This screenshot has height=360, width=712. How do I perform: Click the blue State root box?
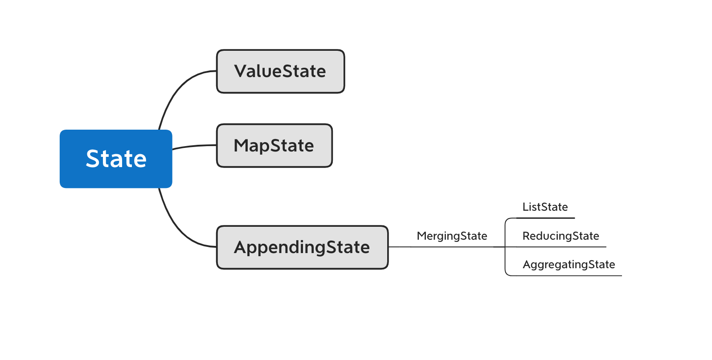[116, 159]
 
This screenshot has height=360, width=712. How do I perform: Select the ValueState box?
[280, 71]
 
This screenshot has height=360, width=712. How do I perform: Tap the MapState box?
[274, 146]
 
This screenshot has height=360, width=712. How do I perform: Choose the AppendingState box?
[302, 247]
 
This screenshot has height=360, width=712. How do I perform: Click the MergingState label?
[452, 236]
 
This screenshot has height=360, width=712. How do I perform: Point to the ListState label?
[545, 207]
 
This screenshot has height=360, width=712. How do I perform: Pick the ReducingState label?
[561, 236]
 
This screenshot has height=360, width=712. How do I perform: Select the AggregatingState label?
[569, 264]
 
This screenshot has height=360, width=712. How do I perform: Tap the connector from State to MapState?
[194, 146]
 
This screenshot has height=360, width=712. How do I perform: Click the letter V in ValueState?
[241, 71]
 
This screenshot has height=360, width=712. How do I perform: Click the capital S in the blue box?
[93, 159]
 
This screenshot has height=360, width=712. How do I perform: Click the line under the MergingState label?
[446, 247]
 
